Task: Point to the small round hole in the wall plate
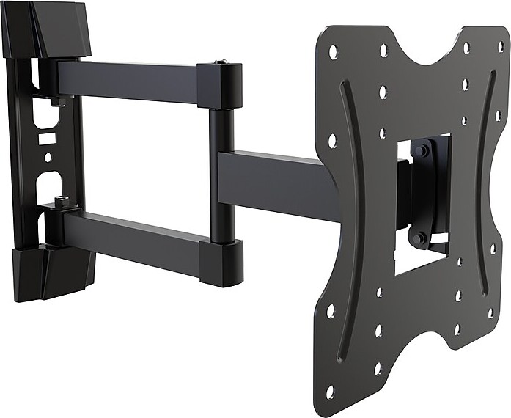pyautogui.click(x=48, y=157)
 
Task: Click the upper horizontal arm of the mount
pyautogui.click(x=128, y=81)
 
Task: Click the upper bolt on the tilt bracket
pyautogui.click(x=421, y=151)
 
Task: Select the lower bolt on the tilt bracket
pyautogui.click(x=419, y=238)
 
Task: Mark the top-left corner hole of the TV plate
pyautogui.click(x=334, y=51)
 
